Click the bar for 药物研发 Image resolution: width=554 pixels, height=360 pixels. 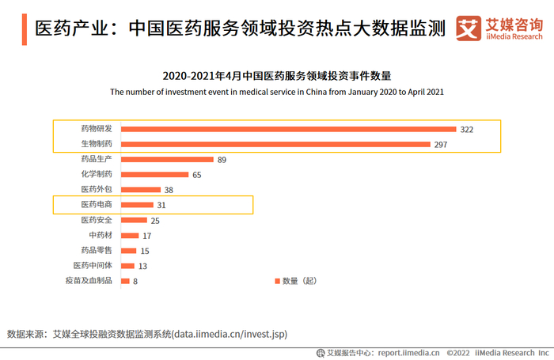pos(288,129)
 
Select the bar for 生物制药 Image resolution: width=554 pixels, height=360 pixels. pos(276,144)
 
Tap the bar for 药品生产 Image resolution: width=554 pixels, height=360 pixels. pos(167,160)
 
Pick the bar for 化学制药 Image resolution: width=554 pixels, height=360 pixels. pos(154,175)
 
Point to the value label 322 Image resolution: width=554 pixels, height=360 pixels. pos(467,129)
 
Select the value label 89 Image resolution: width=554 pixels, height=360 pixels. pos(222,160)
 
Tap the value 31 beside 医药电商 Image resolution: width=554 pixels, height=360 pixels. pos(161,206)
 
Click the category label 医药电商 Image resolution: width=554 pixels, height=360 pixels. pos(97,205)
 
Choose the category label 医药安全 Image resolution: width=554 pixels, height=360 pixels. pos(97,220)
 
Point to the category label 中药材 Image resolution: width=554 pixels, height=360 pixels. pos(101,235)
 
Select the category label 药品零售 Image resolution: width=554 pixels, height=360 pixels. pos(97,250)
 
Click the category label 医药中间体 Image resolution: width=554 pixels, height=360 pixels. pos(93,265)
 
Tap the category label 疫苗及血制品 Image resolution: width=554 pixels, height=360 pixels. pos(89,280)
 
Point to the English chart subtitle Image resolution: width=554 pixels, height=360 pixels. pos(277,92)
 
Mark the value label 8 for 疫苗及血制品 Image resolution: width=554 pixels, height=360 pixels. pos(135,281)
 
